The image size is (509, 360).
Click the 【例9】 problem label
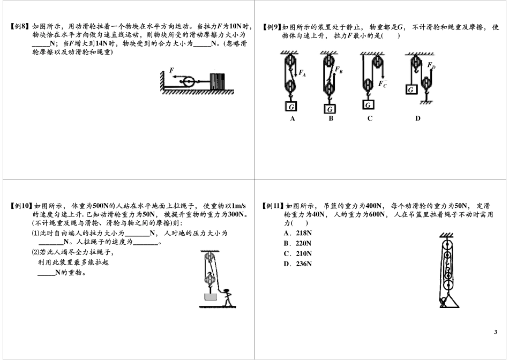click(x=272, y=27)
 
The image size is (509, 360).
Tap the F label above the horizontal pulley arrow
click(x=171, y=70)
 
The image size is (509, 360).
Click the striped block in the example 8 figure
click(x=217, y=81)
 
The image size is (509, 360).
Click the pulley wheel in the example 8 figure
click(x=188, y=82)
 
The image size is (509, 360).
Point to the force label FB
click(x=339, y=70)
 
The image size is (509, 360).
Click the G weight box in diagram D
click(x=411, y=89)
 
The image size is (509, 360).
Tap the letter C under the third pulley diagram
click(x=370, y=119)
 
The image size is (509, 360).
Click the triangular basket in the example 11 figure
click(x=449, y=303)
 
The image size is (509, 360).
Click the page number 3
click(x=496, y=333)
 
